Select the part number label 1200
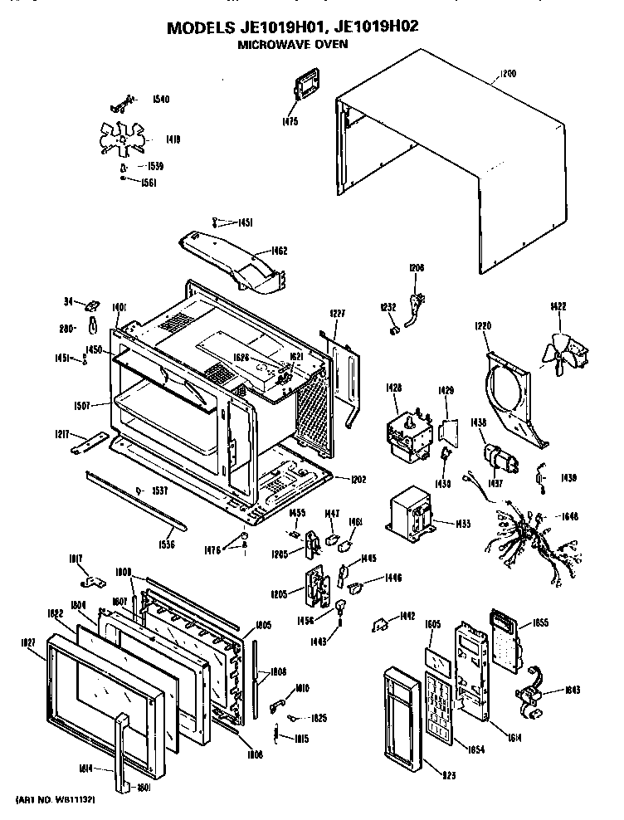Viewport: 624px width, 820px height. tap(507, 74)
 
